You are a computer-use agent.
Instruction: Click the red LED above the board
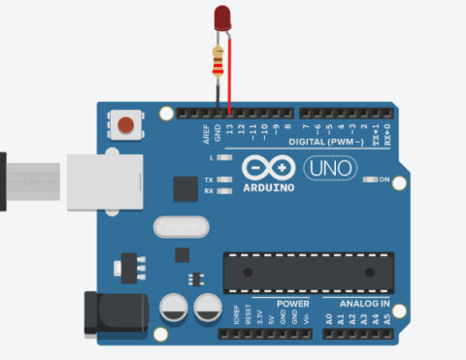click(x=222, y=18)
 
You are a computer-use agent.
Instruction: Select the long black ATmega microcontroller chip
click(x=309, y=272)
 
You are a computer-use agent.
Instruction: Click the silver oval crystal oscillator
click(x=182, y=226)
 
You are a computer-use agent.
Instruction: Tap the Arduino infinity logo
click(x=266, y=169)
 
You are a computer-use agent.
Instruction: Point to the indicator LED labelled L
click(x=225, y=156)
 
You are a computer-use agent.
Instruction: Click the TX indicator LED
click(x=225, y=180)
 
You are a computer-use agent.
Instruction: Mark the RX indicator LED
click(x=225, y=190)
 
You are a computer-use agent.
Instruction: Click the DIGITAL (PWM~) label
click(x=328, y=143)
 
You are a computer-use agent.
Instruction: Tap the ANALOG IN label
click(x=364, y=304)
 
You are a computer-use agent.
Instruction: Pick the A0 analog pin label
click(x=328, y=316)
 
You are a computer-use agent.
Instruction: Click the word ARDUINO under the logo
click(x=268, y=187)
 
